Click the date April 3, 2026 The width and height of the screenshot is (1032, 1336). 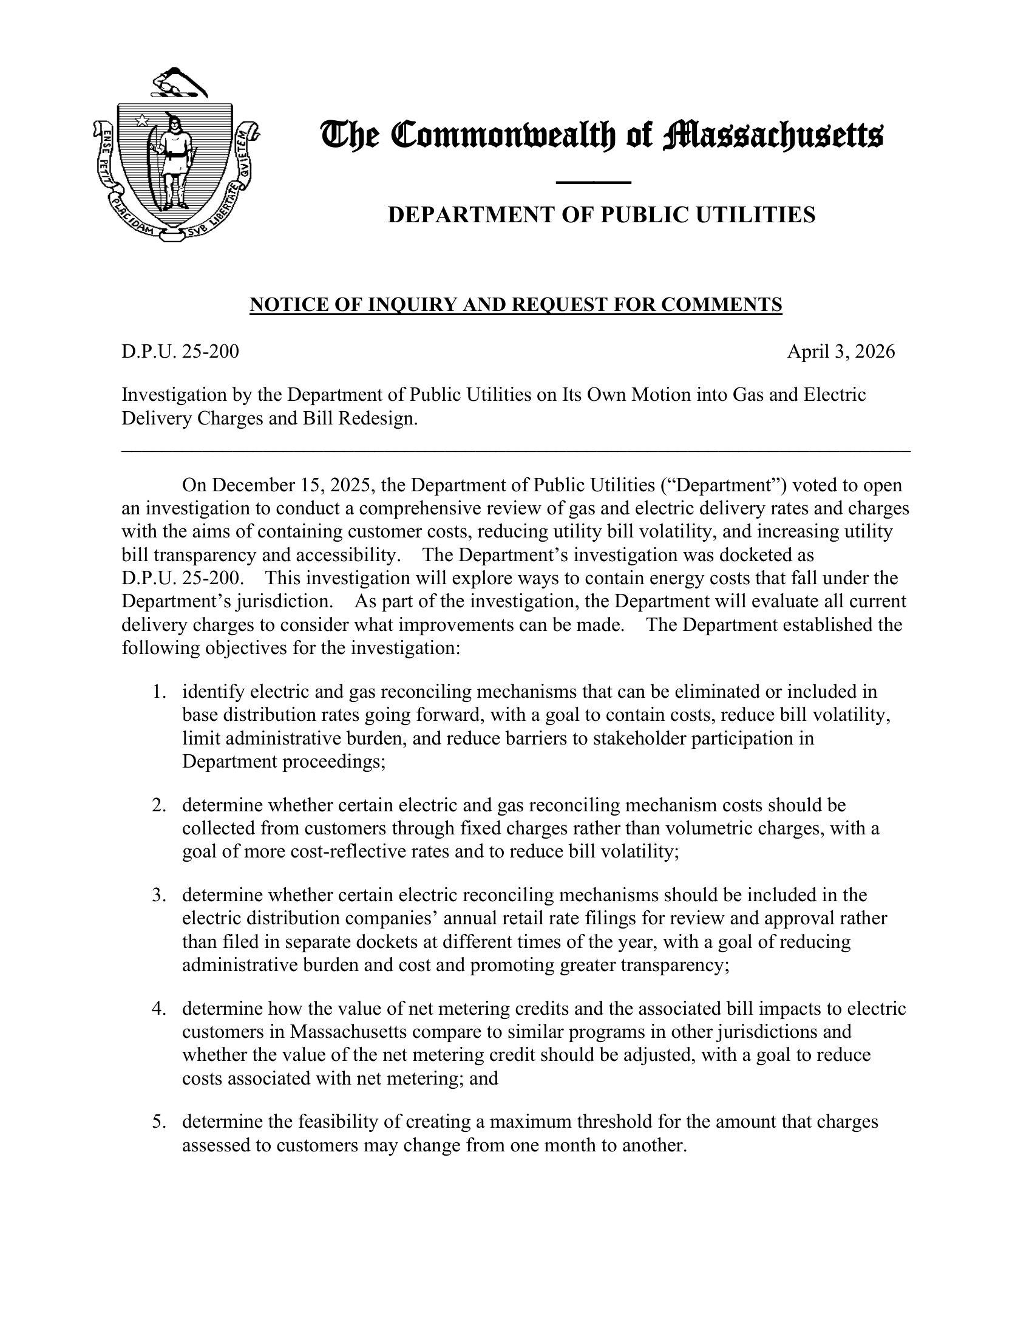pos(841,352)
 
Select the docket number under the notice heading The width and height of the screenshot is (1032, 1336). pos(180,352)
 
